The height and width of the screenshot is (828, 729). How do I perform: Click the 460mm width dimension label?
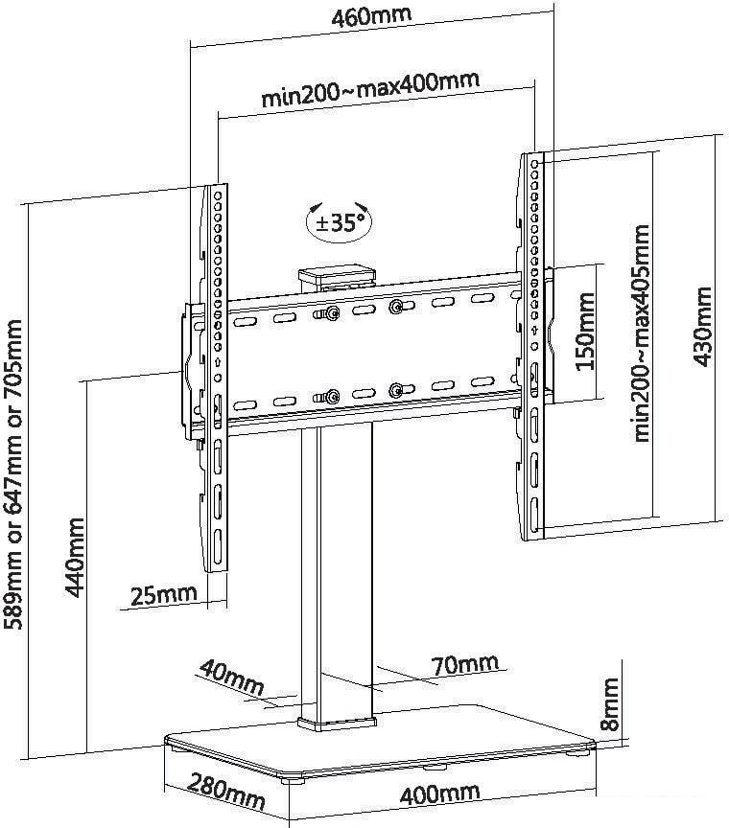(371, 16)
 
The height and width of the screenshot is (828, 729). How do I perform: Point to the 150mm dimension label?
(585, 331)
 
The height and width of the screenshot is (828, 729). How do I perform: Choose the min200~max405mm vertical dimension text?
(642, 333)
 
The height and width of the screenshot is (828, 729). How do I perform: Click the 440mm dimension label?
(75, 558)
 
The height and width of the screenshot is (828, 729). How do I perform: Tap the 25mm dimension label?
(163, 596)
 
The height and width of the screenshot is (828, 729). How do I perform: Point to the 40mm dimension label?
(231, 677)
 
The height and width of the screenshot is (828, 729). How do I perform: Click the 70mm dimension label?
(464, 665)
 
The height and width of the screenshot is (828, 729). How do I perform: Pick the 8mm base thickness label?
(610, 704)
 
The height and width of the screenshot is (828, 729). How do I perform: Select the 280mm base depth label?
(227, 792)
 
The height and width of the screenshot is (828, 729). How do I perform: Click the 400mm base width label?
(440, 793)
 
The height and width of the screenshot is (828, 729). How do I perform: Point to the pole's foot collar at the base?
(337, 724)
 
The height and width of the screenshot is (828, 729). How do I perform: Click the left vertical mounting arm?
(214, 379)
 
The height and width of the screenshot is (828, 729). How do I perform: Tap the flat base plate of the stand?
(380, 745)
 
